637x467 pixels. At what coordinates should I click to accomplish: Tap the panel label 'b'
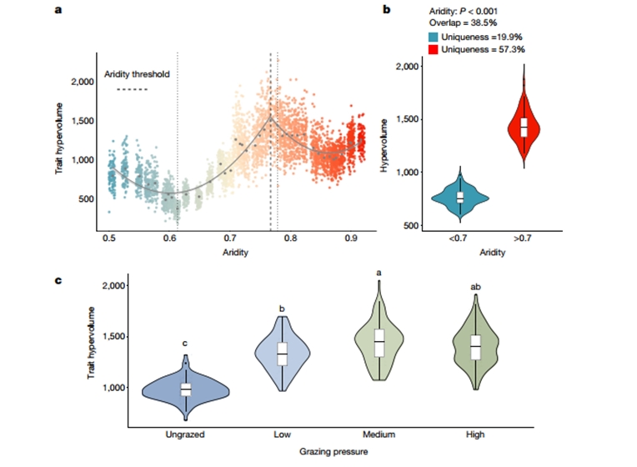pyautogui.click(x=386, y=11)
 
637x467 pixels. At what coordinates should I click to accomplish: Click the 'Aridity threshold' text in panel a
pyautogui.click(x=137, y=74)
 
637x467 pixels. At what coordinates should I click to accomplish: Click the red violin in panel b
pyautogui.click(x=524, y=125)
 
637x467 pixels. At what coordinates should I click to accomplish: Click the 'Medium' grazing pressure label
pyautogui.click(x=379, y=434)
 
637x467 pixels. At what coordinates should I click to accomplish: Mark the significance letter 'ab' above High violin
pyautogui.click(x=476, y=288)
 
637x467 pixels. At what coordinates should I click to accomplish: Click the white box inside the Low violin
pyautogui.click(x=282, y=354)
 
